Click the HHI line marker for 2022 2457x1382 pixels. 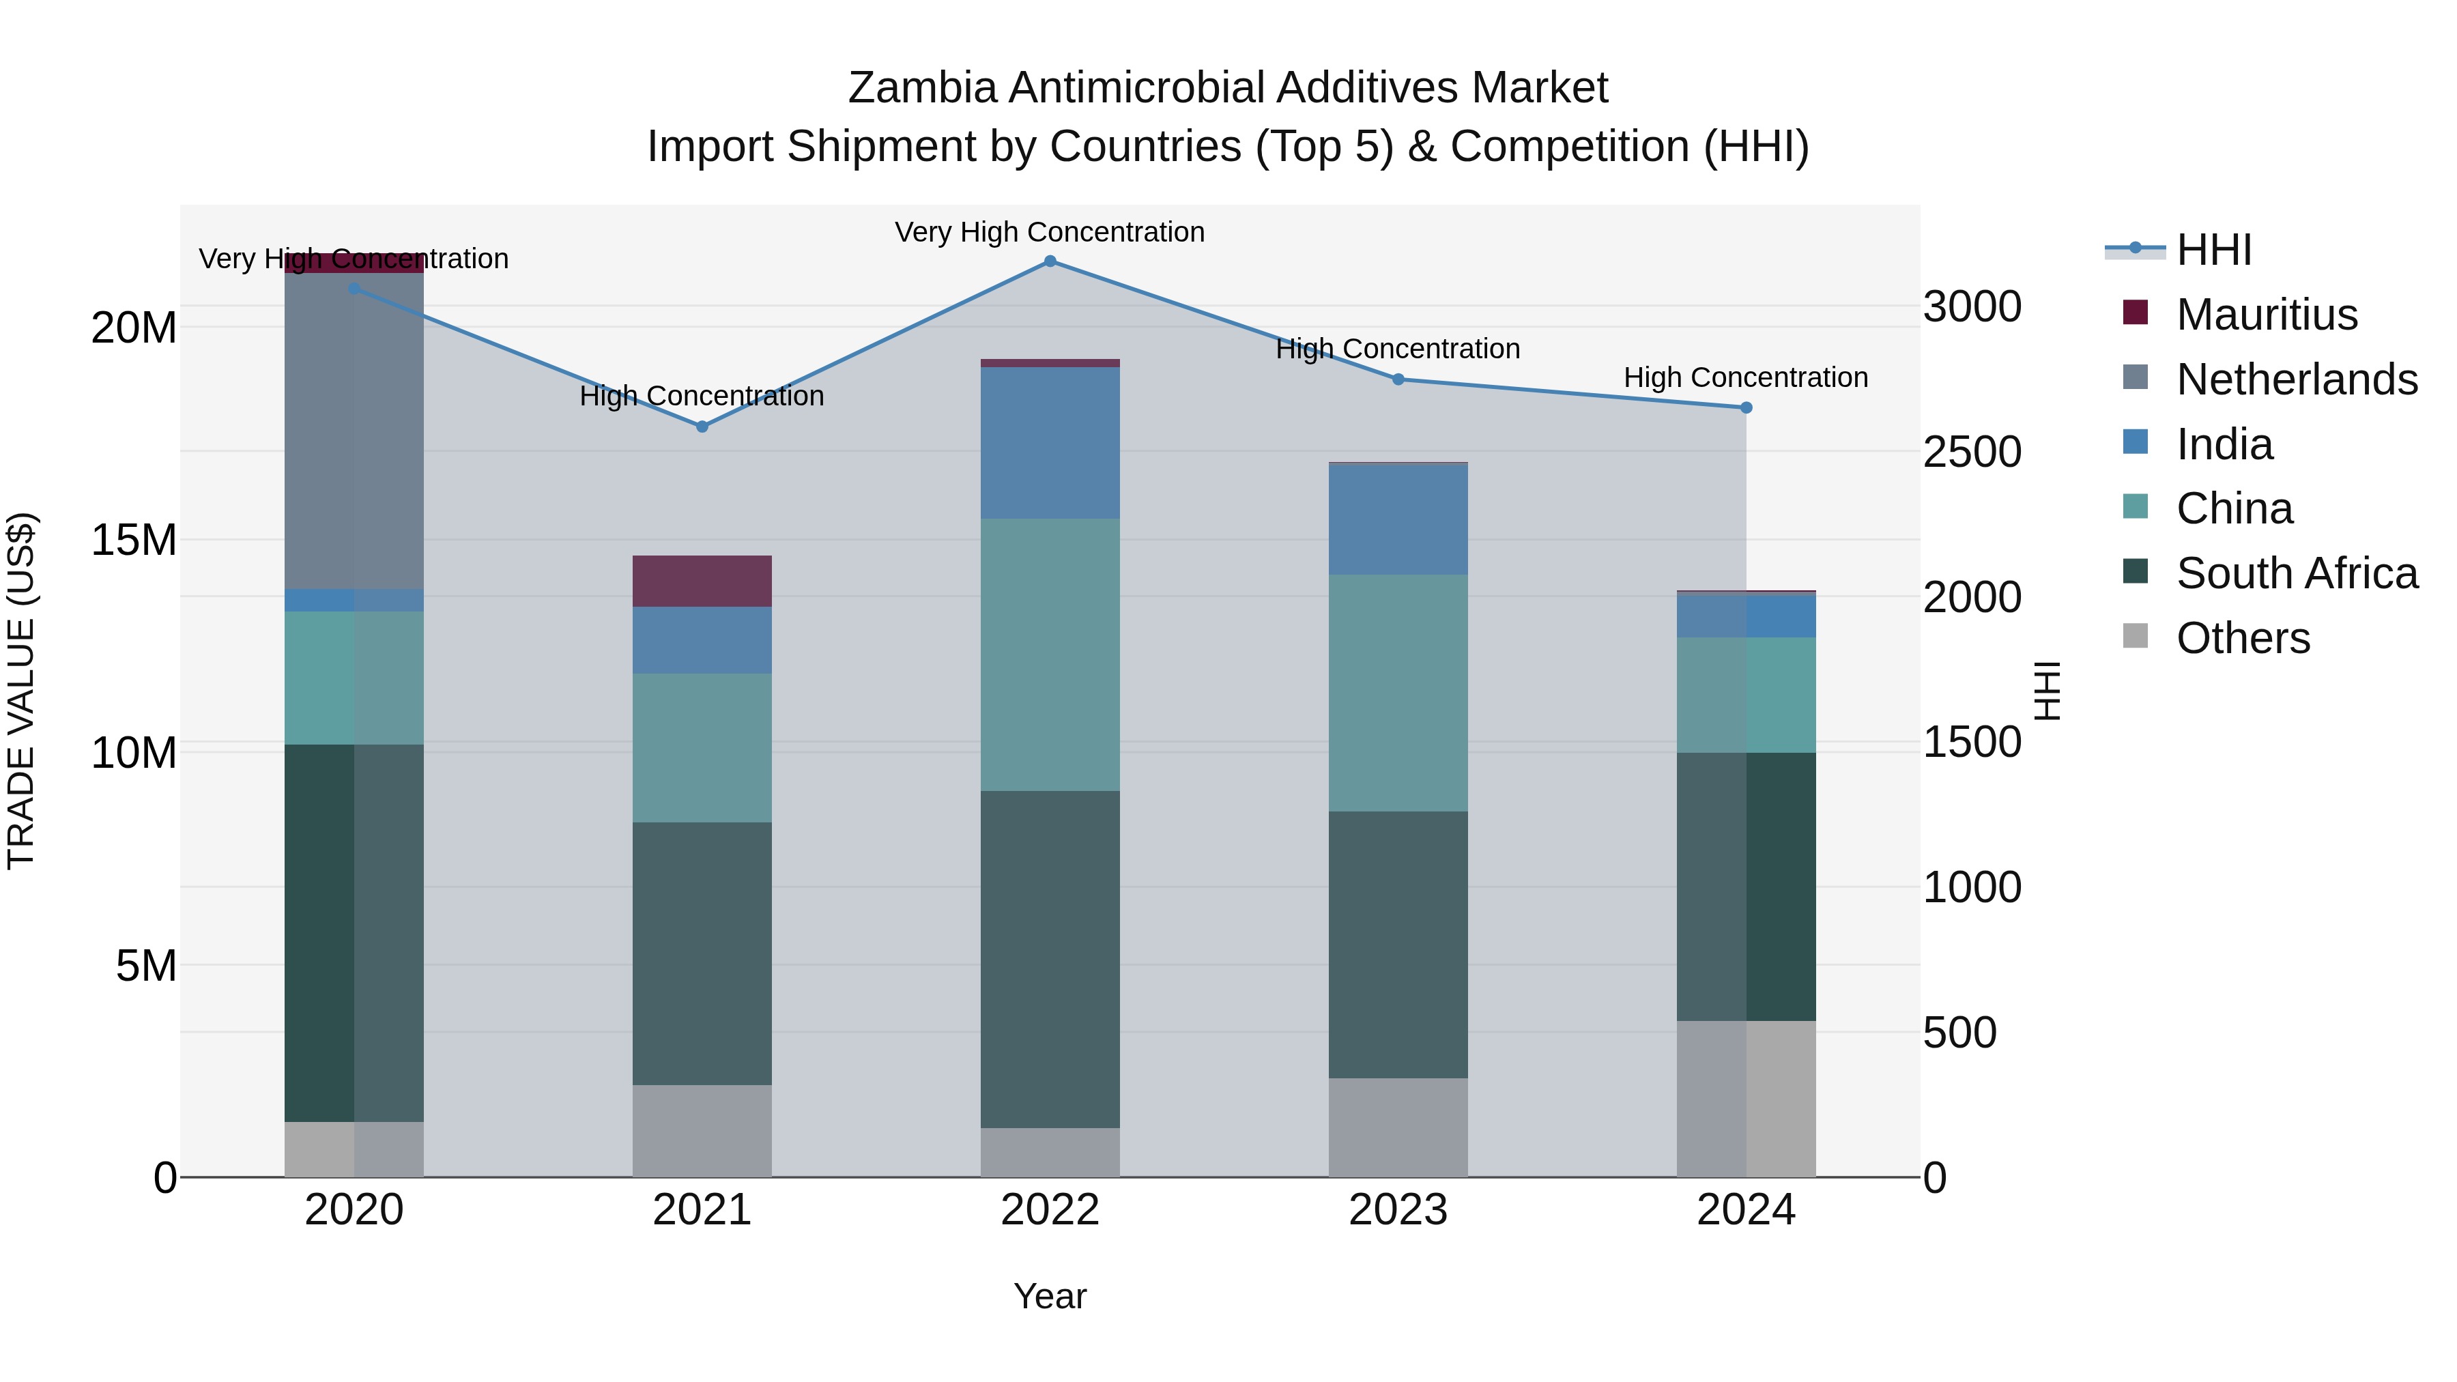1050,261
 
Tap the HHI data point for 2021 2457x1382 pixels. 702,427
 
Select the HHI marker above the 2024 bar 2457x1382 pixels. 1747,407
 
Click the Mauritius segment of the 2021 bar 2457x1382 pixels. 702,581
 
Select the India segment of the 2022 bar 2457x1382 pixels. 1050,442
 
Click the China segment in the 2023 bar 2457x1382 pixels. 1398,693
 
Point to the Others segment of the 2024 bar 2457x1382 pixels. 1747,1099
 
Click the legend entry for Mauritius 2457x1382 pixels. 2266,315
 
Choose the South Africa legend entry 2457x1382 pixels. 2296,573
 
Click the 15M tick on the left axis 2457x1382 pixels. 134,541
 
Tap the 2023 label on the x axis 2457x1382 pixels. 1398,1210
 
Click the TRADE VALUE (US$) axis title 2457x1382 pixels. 21,691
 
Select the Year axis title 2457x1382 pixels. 1050,1296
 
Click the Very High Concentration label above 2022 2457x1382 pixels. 1050,232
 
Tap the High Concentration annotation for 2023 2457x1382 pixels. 1398,349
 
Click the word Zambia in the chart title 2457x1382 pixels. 921,88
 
